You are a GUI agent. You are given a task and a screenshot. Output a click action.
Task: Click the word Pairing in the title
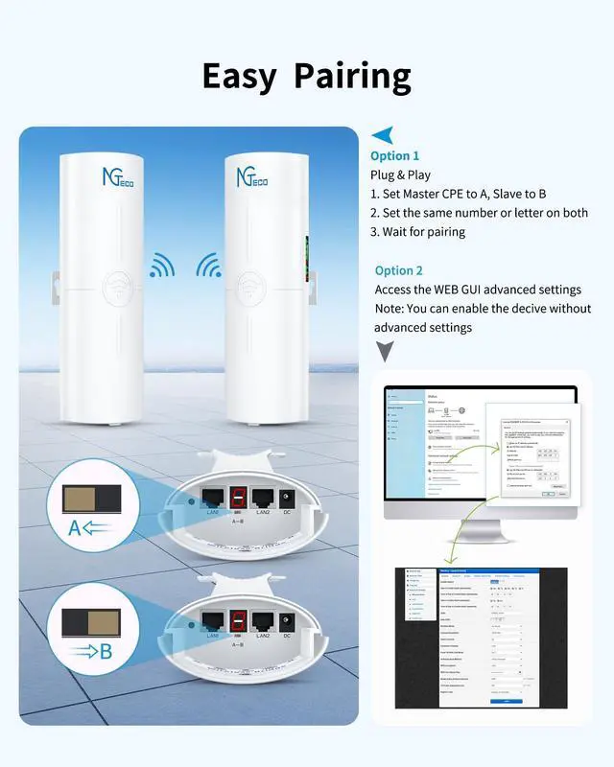pos(352,75)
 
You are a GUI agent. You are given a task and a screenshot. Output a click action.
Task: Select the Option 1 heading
pos(395,155)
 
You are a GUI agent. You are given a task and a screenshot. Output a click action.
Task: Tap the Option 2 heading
pos(399,270)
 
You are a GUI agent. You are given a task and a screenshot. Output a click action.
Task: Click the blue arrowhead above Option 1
pos(382,135)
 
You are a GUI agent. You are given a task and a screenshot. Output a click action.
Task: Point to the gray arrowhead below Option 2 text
pos(385,352)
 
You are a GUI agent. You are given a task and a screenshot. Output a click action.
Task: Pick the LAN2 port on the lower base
pos(263,620)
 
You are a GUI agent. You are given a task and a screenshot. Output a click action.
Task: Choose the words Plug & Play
pos(400,174)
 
